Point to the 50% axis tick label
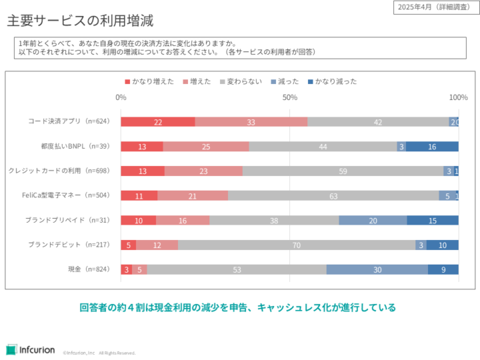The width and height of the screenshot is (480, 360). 289,97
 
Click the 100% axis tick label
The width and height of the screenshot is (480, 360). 458,97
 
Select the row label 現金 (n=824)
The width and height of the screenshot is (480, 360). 89,269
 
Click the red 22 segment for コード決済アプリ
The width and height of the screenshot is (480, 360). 158,122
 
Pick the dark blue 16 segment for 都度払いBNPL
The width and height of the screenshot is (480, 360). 432,147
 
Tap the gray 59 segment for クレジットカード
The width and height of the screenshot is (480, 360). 343,171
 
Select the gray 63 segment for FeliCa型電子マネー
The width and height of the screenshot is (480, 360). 333,195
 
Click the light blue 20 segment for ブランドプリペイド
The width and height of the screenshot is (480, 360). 373,220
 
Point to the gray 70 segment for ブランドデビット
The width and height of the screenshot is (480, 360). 297,245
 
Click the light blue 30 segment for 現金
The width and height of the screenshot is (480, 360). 377,269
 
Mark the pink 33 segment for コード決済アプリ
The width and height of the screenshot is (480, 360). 251,122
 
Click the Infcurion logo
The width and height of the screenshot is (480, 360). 31,349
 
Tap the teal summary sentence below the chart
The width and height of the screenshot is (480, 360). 238,307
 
